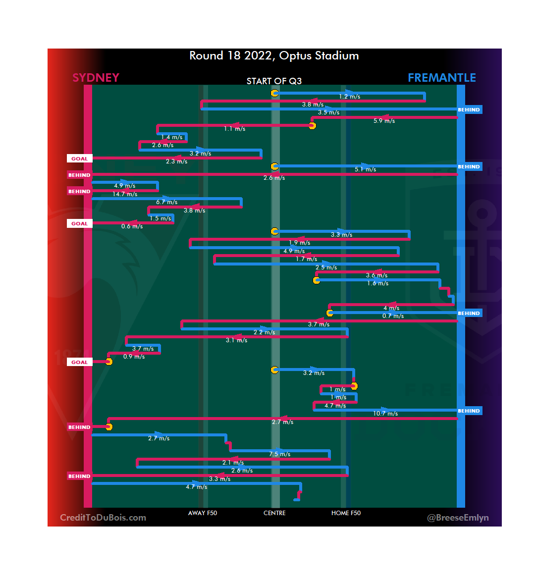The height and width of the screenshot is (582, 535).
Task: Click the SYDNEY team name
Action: coord(96,78)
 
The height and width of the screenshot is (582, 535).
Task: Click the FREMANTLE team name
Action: coord(441,78)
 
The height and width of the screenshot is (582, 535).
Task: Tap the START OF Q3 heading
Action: coord(274,81)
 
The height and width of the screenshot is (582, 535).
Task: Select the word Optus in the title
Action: coord(295,55)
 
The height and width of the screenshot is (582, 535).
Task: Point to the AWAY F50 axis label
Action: coord(202,513)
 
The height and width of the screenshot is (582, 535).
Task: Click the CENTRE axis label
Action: coord(274,513)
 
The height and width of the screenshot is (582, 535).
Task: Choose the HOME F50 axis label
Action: coord(346,513)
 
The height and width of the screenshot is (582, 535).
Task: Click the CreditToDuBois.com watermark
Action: coord(103,518)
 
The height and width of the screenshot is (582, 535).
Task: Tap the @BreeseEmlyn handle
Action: coord(458,518)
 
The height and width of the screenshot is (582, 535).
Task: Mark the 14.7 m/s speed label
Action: coord(125,194)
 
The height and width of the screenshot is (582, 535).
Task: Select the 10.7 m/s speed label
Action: coord(385,414)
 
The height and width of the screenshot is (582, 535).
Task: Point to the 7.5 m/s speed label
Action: coord(280,454)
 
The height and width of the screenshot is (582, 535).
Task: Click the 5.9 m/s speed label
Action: coord(384,121)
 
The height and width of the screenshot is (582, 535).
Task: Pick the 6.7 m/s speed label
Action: coord(166,202)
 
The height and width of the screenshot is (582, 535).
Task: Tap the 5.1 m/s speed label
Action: coord(365,169)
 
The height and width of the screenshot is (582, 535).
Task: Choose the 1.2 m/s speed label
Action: coord(349,97)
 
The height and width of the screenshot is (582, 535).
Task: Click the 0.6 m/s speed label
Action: coord(132,226)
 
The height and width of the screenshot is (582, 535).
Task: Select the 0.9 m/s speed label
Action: coord(134,357)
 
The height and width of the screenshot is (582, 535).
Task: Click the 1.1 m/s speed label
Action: coord(234,129)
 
